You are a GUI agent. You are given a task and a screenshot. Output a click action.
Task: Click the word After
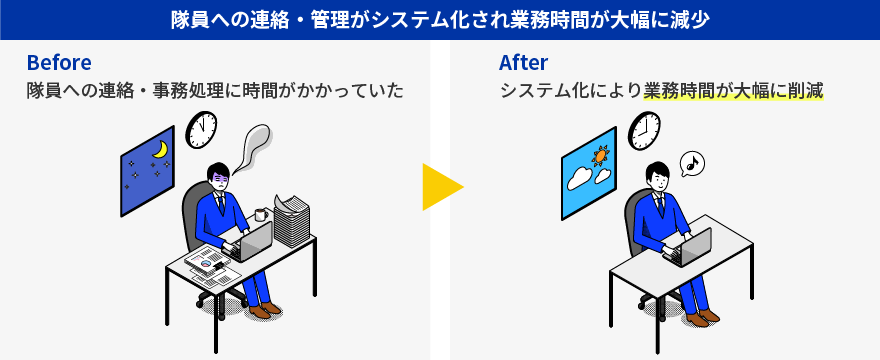click(523, 63)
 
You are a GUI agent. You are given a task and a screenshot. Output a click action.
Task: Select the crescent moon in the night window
click(159, 150)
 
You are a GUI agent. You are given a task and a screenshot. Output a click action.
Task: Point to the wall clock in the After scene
click(644, 130)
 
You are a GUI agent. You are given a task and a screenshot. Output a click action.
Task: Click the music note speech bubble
click(692, 163)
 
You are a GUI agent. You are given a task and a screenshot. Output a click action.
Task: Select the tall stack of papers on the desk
click(292, 220)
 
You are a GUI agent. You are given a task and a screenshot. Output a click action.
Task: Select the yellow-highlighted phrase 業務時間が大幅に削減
click(733, 91)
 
